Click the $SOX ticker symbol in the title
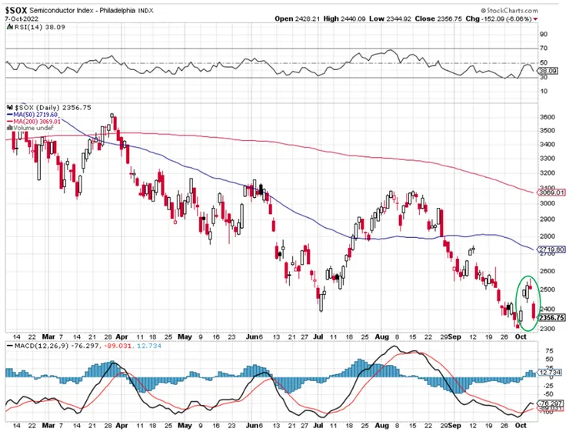pyautogui.click(x=18, y=7)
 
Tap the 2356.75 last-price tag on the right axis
pyautogui.click(x=553, y=317)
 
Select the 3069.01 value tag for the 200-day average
pyautogui.click(x=553, y=192)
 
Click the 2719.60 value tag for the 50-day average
pyautogui.click(x=553, y=249)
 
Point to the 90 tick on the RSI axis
pyautogui.click(x=544, y=35)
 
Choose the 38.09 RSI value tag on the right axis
pyautogui.click(x=547, y=70)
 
